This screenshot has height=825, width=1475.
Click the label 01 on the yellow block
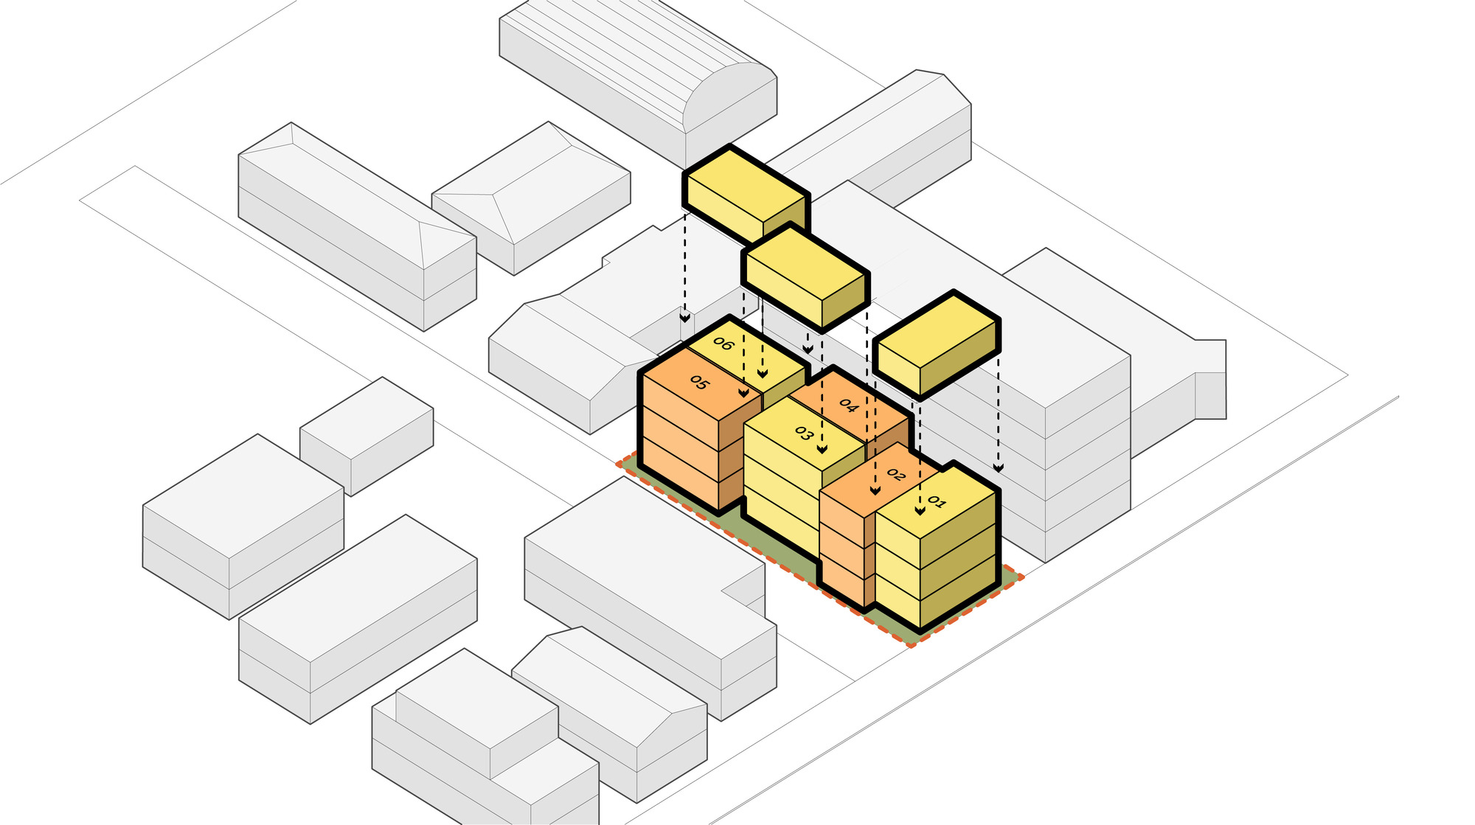(x=936, y=502)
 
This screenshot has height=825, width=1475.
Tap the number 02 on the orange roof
(x=895, y=475)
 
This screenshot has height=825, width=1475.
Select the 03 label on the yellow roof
(x=803, y=434)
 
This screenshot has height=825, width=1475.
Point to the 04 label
(x=848, y=405)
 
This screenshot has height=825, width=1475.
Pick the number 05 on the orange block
(x=699, y=383)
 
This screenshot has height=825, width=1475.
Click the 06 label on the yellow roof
(x=723, y=344)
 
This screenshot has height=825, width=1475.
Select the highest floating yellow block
(x=746, y=193)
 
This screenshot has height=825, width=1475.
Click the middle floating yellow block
(x=805, y=276)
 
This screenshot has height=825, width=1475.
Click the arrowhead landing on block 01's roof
(x=920, y=509)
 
